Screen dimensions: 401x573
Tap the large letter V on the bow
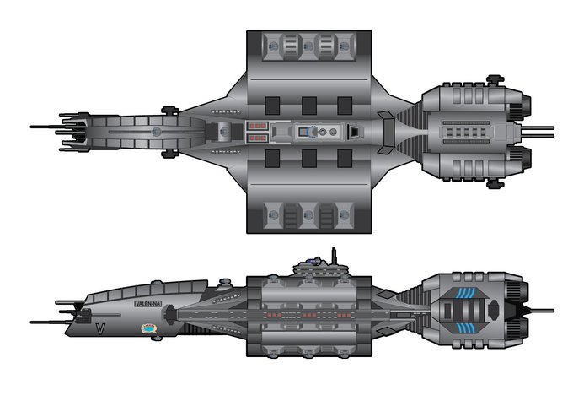[x=100, y=328]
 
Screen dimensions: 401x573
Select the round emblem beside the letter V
[x=150, y=330]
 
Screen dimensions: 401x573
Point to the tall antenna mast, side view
[x=334, y=255]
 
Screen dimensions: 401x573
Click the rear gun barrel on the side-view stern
[x=539, y=311]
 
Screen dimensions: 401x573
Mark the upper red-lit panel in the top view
[x=256, y=126]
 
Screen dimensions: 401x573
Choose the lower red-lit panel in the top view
[x=256, y=136]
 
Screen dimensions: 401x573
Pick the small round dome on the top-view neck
[x=155, y=131]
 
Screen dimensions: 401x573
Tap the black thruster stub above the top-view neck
[x=169, y=108]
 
